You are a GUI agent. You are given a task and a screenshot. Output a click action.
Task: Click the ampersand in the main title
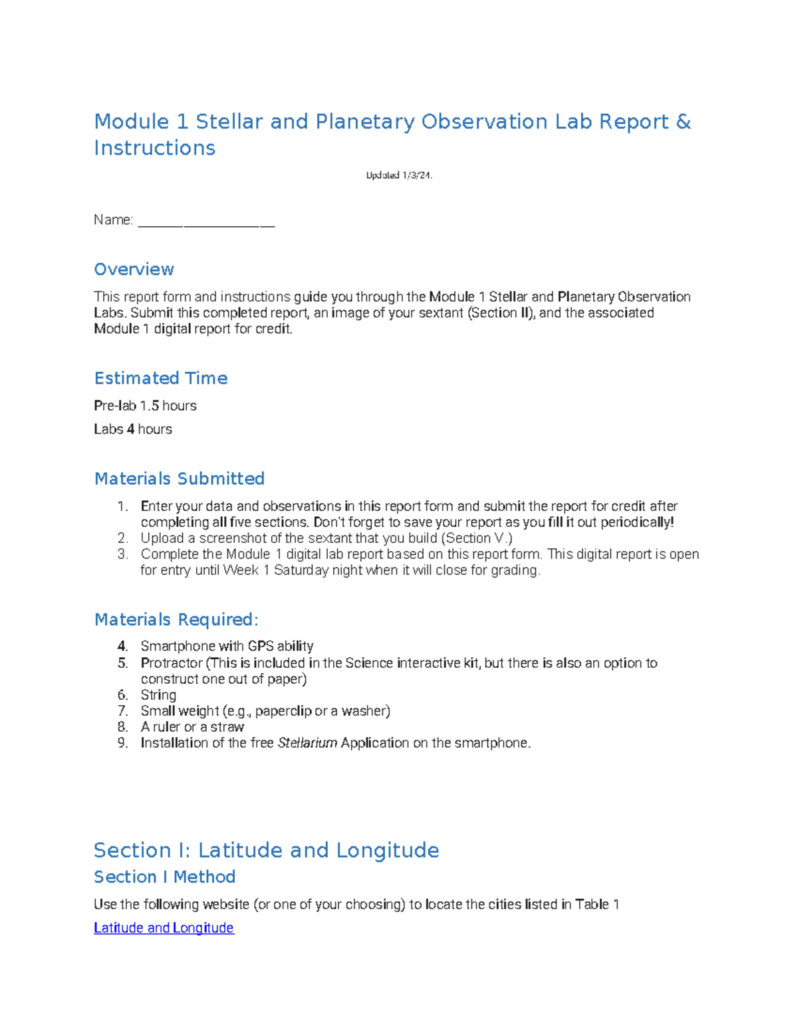click(x=683, y=122)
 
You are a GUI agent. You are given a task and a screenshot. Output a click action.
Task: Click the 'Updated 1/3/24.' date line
click(x=399, y=176)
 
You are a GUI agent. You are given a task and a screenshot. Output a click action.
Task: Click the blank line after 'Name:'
click(x=206, y=221)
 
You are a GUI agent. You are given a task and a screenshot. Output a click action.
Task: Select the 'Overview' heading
click(x=134, y=269)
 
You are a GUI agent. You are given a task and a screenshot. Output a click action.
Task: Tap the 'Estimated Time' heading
click(x=161, y=378)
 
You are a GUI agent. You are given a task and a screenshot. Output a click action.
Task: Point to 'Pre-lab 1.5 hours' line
click(x=145, y=406)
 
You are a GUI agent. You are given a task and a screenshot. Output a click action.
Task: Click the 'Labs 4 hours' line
click(x=133, y=430)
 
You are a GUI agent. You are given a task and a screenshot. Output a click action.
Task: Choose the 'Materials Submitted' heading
click(x=180, y=479)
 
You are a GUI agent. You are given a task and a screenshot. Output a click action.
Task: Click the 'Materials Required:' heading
click(x=176, y=620)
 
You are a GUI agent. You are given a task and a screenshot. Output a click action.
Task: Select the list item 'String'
click(x=158, y=695)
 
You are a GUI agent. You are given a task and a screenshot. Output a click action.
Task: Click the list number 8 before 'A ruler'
click(x=123, y=727)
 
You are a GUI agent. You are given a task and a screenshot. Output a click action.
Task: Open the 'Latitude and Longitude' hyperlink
click(x=164, y=928)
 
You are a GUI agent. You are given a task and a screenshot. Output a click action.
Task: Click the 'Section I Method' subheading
click(x=164, y=877)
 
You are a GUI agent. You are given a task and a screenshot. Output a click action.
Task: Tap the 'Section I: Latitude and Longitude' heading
click(x=266, y=851)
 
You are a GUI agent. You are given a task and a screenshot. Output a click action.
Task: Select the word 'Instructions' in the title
click(x=154, y=148)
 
